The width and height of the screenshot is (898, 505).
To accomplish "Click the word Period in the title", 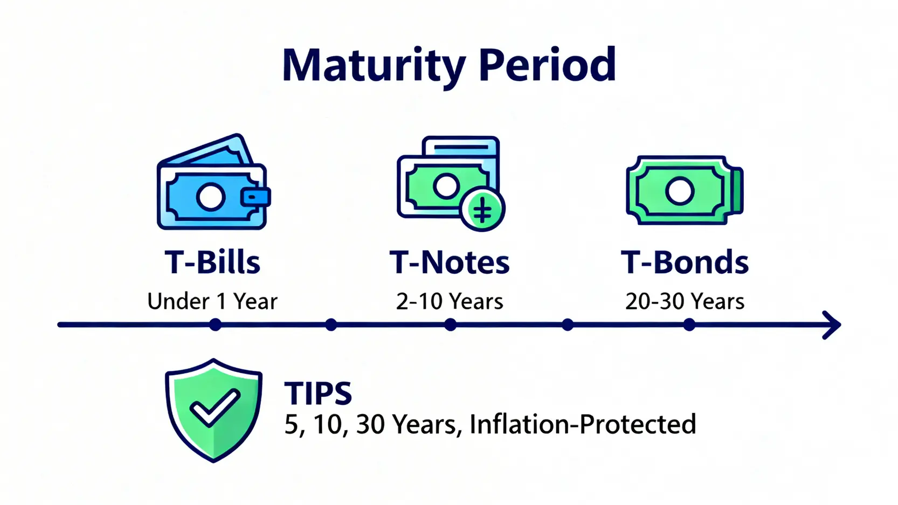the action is tap(547, 64).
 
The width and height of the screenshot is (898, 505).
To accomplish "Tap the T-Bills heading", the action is tap(212, 262).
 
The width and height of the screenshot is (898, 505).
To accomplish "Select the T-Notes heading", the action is tap(450, 262).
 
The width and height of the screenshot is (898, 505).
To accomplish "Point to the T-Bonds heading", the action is tap(685, 262).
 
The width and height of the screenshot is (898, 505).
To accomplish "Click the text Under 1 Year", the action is tap(212, 301).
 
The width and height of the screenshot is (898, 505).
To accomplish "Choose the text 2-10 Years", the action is tap(450, 301).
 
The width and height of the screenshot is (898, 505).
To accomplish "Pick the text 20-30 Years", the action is tap(685, 301).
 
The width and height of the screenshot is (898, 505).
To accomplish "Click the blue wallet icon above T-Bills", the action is tap(213, 182).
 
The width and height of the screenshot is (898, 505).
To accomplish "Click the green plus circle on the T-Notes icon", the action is tap(482, 209).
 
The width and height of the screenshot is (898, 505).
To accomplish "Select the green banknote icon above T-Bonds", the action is tap(685, 190).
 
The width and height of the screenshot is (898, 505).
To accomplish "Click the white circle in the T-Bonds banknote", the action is tap(680, 191).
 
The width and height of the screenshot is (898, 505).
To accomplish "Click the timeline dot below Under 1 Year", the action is tap(215, 324).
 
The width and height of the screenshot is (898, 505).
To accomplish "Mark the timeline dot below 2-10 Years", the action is tap(451, 324).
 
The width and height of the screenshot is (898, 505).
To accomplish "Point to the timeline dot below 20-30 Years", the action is tap(689, 324).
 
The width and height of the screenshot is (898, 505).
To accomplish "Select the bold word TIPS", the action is tap(318, 393).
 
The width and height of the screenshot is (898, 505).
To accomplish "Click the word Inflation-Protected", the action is tap(583, 424).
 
